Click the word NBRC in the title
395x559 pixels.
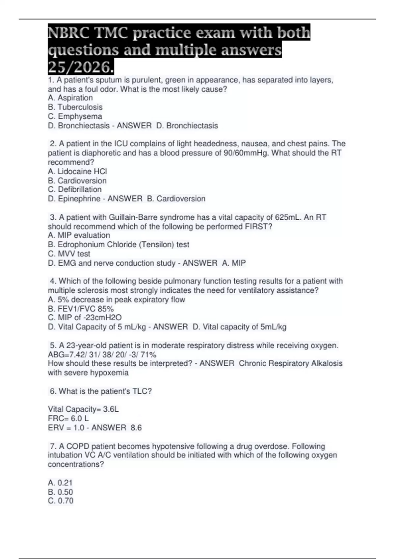point(68,33)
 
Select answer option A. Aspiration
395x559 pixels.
point(70,98)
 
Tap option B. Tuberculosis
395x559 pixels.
point(75,107)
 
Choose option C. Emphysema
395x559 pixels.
point(75,116)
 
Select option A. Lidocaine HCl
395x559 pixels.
point(77,171)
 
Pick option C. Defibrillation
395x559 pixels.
point(75,189)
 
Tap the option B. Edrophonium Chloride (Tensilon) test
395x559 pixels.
point(118,245)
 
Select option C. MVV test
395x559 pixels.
point(69,254)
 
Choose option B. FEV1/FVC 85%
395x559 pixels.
point(81,309)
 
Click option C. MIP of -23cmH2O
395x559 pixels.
point(85,318)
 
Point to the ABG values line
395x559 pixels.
point(102,355)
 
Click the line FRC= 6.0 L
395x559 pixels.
point(68,419)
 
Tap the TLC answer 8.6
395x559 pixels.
point(136,428)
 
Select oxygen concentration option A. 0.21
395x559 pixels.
point(60,483)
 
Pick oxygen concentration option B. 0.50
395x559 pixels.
point(60,492)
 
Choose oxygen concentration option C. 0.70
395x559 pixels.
point(61,501)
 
